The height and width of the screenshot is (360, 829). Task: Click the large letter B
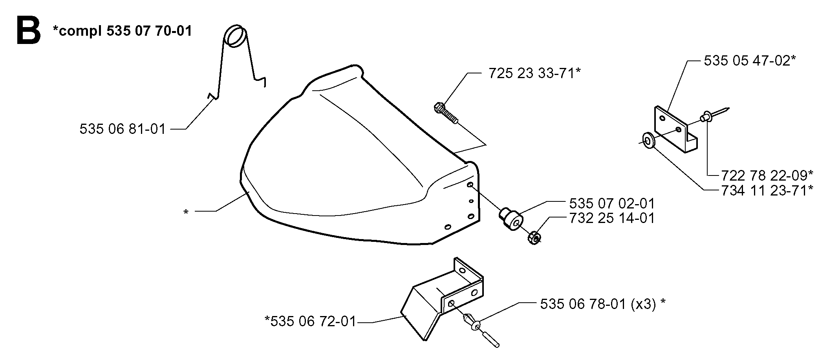pos(29,29)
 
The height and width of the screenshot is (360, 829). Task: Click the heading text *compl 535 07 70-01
pos(122,31)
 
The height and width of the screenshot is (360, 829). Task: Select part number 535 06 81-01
pos(123,129)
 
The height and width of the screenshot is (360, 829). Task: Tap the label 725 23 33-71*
pos(534,73)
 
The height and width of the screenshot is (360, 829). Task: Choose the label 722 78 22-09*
pos(767,174)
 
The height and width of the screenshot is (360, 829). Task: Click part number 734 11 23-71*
pos(767,190)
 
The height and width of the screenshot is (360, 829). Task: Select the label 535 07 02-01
pos(612,203)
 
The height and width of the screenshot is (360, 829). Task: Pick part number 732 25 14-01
pos(612,218)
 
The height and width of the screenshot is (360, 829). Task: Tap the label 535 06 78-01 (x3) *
pos(603,304)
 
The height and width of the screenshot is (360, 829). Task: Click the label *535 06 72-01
pos(310,322)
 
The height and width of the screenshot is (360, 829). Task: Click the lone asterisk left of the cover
pos(186,212)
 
